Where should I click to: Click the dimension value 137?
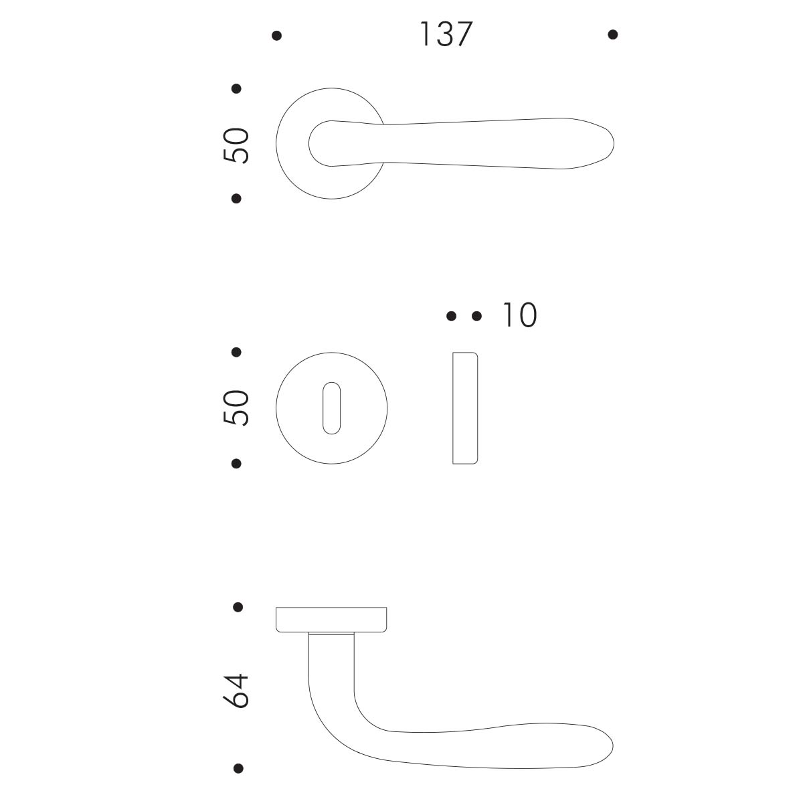point(446,34)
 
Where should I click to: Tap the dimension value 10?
point(520,315)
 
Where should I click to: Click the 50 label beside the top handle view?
point(236,145)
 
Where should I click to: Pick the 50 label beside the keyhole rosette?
point(236,408)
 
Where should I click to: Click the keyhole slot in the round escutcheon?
point(332,408)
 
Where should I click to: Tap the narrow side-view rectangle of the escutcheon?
point(465,408)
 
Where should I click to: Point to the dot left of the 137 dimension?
point(276,36)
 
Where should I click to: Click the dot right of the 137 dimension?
point(612,35)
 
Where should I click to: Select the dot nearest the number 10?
point(476,317)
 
